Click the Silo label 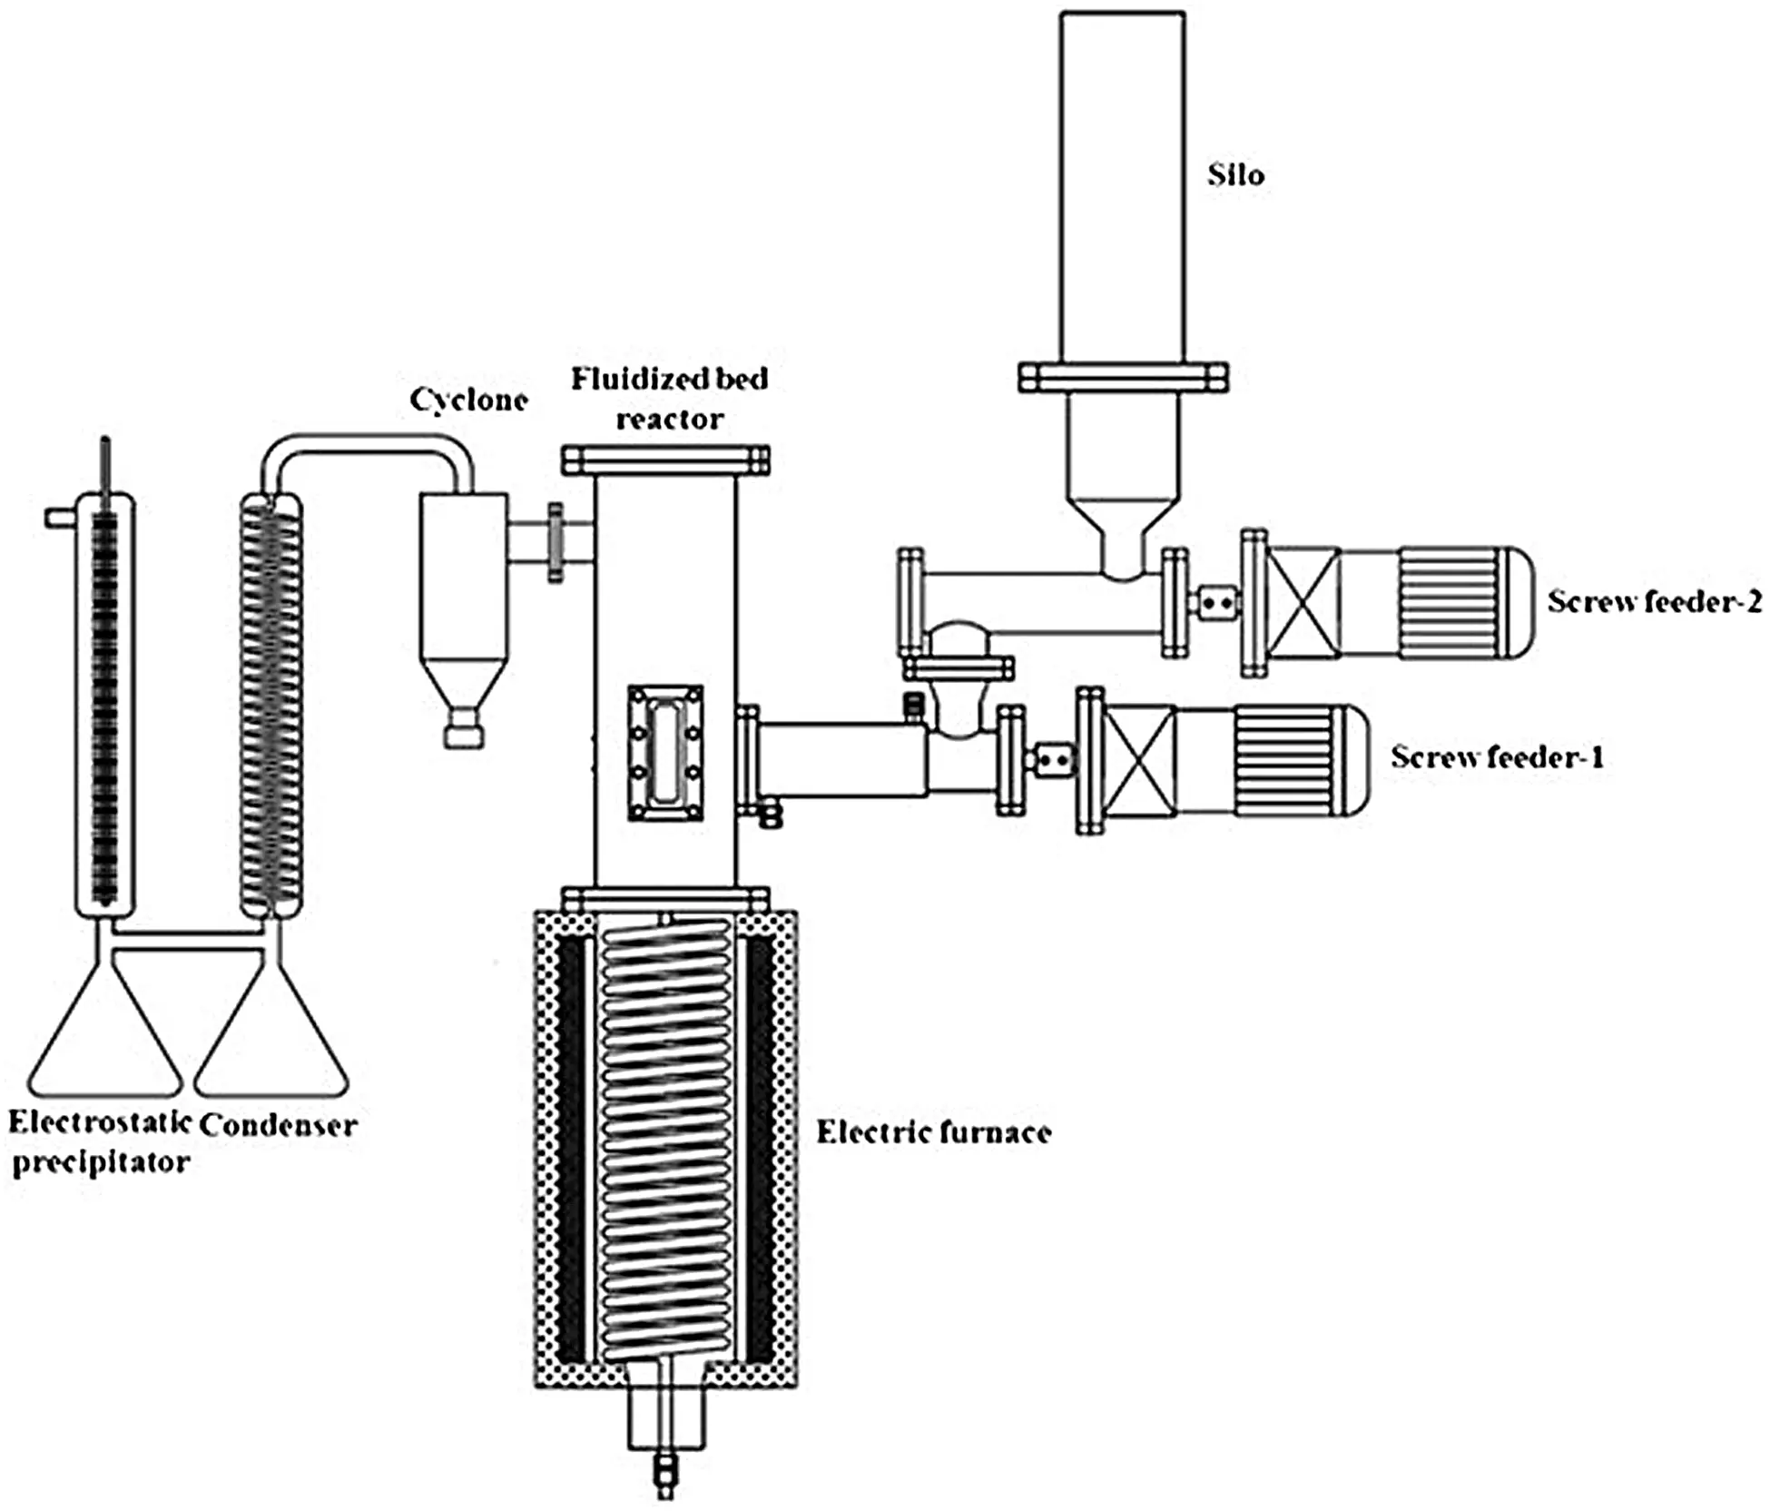click(x=1234, y=174)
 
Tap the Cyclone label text click(x=468, y=400)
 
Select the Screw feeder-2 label click(x=1654, y=601)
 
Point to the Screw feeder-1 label click(x=1497, y=756)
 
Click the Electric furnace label click(x=933, y=1131)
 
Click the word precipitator click(x=101, y=1162)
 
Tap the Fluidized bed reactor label click(x=669, y=398)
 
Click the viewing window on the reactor click(x=665, y=754)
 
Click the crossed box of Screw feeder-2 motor click(x=1303, y=603)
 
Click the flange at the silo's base click(x=1122, y=377)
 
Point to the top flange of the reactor click(x=665, y=460)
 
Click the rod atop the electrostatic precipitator click(x=105, y=463)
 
